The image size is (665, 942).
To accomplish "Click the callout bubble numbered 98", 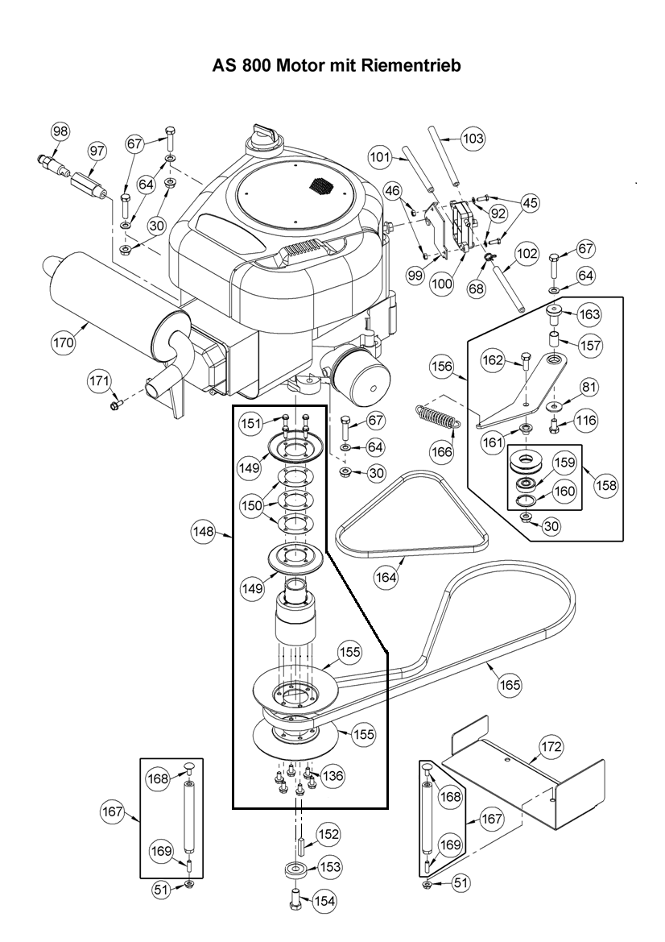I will pyautogui.click(x=61, y=131).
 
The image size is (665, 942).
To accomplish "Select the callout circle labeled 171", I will pyautogui.click(x=101, y=380).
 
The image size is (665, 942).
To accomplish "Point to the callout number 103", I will pyautogui.click(x=473, y=139).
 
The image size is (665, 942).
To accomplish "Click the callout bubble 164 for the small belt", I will pyautogui.click(x=387, y=578).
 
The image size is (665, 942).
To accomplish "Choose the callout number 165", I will pyautogui.click(x=510, y=685).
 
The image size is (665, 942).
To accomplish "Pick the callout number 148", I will pyautogui.click(x=202, y=532).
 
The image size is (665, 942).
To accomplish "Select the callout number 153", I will pyautogui.click(x=329, y=867).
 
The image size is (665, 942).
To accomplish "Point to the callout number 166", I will pyautogui.click(x=442, y=451).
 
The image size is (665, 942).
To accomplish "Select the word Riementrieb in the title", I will pyautogui.click(x=410, y=65).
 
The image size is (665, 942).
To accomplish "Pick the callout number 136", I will pyautogui.click(x=332, y=776).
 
